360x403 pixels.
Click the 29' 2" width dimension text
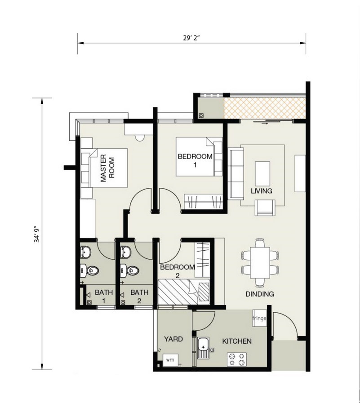point(191,38)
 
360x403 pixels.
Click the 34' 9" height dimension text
point(37,235)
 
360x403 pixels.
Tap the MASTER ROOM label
point(107,168)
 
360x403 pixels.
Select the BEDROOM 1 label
point(195,160)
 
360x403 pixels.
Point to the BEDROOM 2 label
point(178,271)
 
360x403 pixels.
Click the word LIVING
point(262,191)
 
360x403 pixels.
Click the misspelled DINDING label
point(260,294)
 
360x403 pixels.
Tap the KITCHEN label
point(237,341)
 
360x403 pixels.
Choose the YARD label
point(173,339)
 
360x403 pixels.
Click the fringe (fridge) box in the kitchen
point(259,318)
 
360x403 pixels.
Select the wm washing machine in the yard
point(170,360)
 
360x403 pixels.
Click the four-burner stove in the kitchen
point(236,359)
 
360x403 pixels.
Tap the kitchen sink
point(204,348)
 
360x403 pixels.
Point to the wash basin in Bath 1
point(85,252)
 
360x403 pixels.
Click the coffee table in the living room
point(262,174)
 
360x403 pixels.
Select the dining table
point(260,263)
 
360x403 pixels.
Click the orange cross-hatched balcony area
point(265,108)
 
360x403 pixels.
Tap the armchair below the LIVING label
point(265,208)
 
